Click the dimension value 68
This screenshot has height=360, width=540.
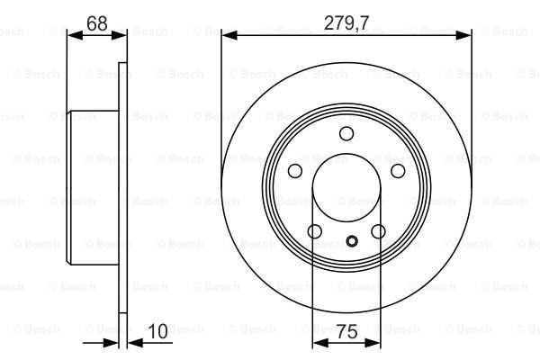(x=97, y=23)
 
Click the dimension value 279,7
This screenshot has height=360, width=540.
(x=346, y=23)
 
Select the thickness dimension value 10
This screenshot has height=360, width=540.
(x=157, y=331)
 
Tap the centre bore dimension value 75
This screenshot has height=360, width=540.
(x=346, y=332)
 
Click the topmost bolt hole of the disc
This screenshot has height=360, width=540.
(x=346, y=133)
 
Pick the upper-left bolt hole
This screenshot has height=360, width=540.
(x=295, y=170)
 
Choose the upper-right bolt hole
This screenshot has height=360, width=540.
(x=398, y=170)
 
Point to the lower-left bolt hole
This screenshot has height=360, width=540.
(x=315, y=231)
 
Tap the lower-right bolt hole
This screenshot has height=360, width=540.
(x=378, y=231)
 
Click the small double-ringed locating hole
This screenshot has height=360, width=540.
(x=352, y=241)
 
